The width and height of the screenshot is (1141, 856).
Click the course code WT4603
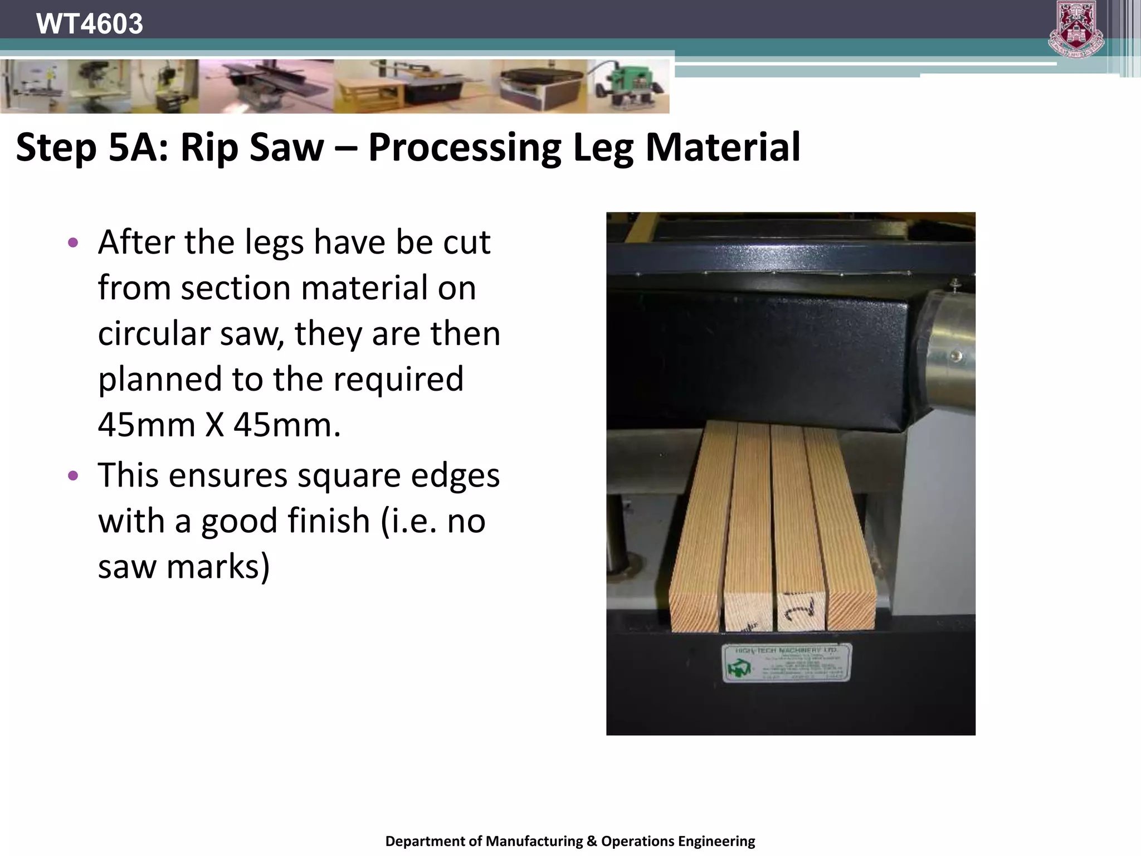89,24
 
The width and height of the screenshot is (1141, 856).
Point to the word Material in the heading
723,148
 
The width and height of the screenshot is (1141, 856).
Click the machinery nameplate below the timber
787,663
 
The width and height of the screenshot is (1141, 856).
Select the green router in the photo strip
630,86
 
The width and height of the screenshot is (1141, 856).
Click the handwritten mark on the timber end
800,609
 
